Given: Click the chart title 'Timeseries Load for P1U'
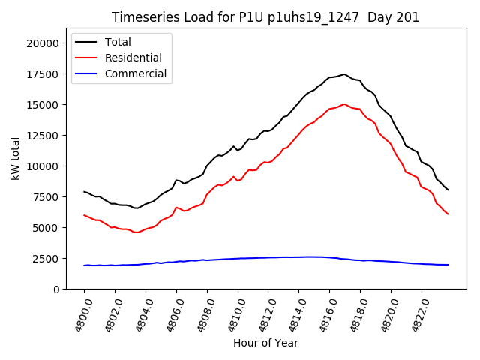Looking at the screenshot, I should [x=265, y=17].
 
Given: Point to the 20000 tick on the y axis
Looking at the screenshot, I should [x=42, y=43].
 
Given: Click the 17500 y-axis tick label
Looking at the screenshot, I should [x=42, y=74].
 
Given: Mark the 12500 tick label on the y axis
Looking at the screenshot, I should [x=42, y=136].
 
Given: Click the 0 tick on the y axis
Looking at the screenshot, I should [x=55, y=289].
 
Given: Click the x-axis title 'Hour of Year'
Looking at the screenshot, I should [x=265, y=343].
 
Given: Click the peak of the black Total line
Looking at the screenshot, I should [x=344, y=74].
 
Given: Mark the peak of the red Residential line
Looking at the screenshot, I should [x=344, y=104].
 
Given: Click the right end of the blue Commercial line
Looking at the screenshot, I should [x=448, y=265].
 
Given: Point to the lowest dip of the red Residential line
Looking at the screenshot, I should [x=136, y=232].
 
